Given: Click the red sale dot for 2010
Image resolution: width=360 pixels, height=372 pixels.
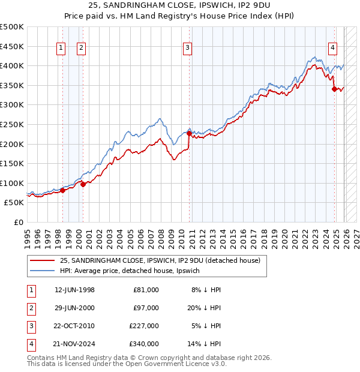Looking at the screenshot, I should click(x=189, y=134).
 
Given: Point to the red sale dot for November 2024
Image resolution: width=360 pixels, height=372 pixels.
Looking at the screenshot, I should click(x=334, y=89).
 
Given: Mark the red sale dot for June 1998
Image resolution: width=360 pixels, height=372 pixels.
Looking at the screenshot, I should click(x=62, y=191).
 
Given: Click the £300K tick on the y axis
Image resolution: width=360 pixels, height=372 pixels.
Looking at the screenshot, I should click(x=12, y=105).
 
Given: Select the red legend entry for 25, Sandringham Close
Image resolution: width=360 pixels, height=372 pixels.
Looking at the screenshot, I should click(x=160, y=261).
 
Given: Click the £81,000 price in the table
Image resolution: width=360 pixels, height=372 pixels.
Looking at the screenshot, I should click(x=146, y=290).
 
